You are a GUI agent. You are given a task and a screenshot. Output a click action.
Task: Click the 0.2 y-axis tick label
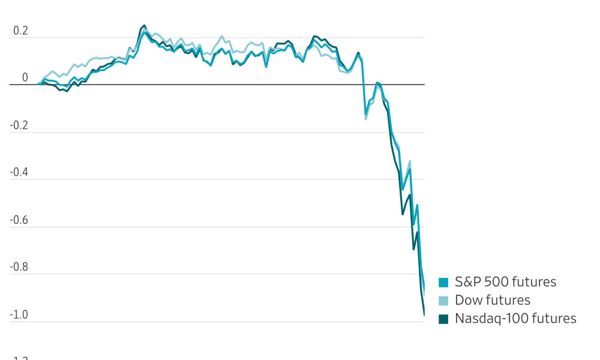tap(21, 31)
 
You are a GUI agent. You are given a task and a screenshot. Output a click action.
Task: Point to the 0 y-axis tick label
tap(25, 78)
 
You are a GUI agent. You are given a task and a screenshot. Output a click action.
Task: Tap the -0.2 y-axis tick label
tap(19, 125)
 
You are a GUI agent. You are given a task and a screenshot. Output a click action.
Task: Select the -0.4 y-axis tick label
tap(19, 173)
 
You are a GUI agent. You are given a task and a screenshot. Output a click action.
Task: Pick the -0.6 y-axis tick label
tap(19, 220)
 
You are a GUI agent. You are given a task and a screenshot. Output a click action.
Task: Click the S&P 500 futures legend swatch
tap(443, 282)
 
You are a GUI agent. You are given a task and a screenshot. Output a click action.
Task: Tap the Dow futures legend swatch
tap(443, 301)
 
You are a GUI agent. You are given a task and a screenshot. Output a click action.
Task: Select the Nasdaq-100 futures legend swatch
tap(443, 319)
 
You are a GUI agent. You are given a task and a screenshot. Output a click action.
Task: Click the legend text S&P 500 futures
tap(505, 282)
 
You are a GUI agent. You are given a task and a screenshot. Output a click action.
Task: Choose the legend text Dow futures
tap(492, 300)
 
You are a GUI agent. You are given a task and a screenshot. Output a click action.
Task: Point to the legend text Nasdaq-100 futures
tap(515, 319)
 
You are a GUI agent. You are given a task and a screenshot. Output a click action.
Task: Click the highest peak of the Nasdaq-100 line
tap(144, 26)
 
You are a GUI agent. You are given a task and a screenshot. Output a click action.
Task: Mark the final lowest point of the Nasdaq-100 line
tap(424, 315)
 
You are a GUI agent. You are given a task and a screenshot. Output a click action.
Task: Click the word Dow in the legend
tap(467, 300)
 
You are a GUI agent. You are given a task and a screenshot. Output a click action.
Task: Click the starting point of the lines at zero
tap(38, 84)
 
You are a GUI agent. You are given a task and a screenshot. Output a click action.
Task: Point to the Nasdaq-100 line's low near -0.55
tap(403, 214)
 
